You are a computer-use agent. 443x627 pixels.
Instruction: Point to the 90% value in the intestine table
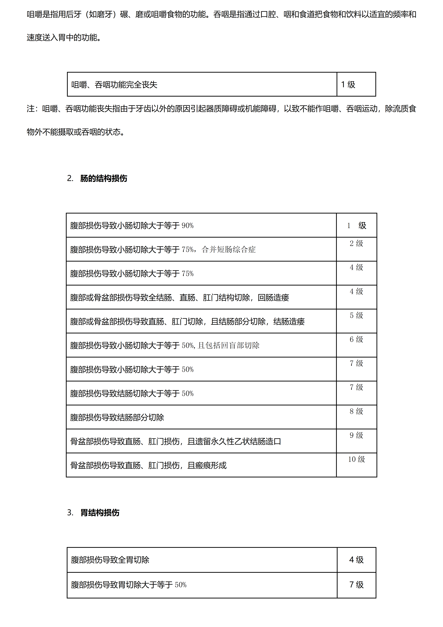[188, 226]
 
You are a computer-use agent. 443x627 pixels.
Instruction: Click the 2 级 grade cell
[356, 243]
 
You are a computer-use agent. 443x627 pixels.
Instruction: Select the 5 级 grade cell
[356, 315]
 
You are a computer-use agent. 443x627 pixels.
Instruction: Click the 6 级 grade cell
[356, 339]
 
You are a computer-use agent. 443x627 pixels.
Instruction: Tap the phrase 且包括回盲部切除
[229, 345]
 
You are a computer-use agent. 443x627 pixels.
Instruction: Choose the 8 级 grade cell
[356, 411]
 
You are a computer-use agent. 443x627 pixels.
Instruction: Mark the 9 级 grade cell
[356, 435]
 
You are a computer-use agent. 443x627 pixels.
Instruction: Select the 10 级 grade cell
[356, 459]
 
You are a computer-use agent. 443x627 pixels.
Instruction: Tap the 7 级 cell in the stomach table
[356, 585]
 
